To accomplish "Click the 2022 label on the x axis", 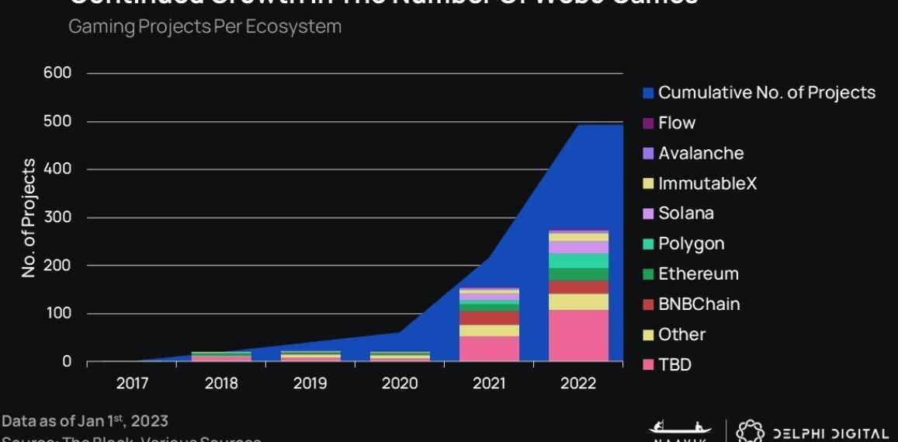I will tap(578, 384).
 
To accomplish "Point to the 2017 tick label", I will tap(133, 384).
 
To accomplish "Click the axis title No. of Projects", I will tap(29, 218).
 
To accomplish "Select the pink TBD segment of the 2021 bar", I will tap(489, 349).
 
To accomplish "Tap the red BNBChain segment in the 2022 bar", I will tap(578, 287).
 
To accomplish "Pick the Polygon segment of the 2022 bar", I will tap(578, 261).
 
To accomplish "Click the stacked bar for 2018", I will tap(222, 357).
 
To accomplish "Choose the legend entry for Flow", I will tap(677, 123).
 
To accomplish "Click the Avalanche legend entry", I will tap(701, 154).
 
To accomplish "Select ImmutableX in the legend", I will tap(707, 184).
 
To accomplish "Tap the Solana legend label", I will tap(686, 214).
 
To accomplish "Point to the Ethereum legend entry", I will tap(699, 274).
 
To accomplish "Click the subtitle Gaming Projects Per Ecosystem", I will tap(205, 26).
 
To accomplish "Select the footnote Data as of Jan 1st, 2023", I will tap(85, 421).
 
